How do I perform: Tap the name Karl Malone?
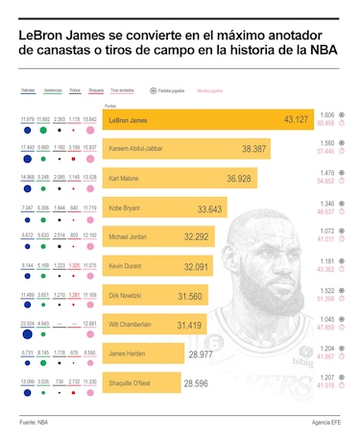click(x=127, y=179)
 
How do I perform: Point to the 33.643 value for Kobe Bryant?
click(x=210, y=208)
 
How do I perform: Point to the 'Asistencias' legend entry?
click(x=53, y=89)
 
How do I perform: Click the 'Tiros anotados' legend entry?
click(x=122, y=89)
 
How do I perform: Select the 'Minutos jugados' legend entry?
click(x=209, y=89)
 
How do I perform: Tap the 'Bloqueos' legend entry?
click(x=96, y=89)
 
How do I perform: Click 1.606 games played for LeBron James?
click(x=327, y=114)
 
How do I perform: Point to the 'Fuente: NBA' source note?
click(x=33, y=422)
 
